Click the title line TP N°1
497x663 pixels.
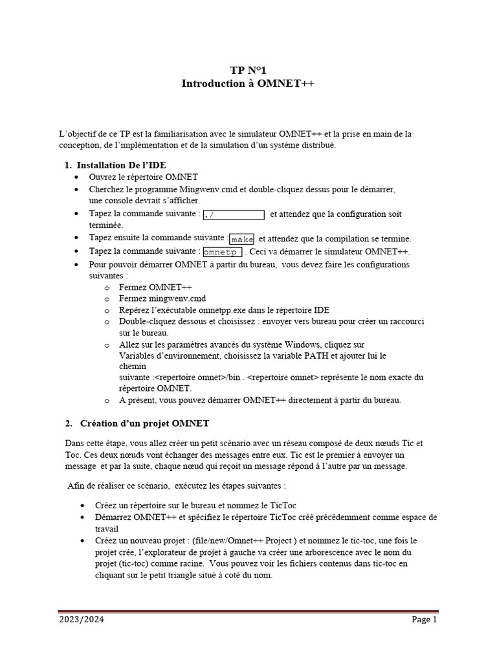(x=248, y=71)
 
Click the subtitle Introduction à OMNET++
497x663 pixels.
(x=248, y=84)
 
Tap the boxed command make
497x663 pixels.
(x=243, y=239)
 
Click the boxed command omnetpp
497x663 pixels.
(x=223, y=252)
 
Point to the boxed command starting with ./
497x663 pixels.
(x=234, y=214)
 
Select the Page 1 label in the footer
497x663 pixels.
(x=425, y=620)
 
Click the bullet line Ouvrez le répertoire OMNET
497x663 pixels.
(x=143, y=177)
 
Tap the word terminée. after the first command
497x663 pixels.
(x=105, y=225)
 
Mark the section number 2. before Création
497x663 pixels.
(x=69, y=423)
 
